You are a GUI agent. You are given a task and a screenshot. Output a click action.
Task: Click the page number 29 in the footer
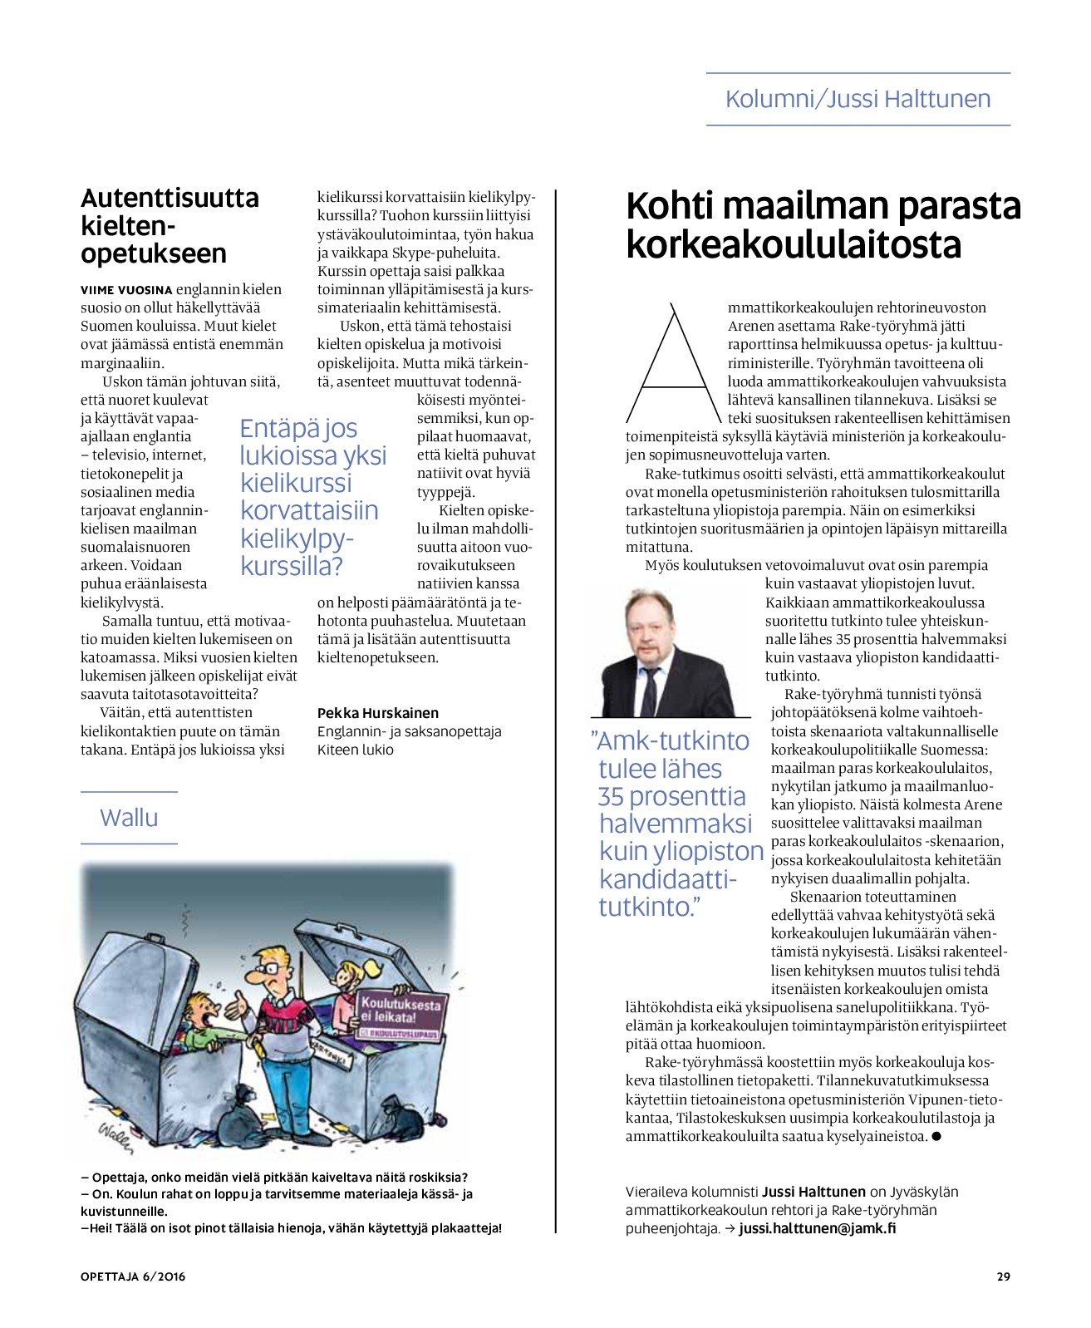[1003, 1276]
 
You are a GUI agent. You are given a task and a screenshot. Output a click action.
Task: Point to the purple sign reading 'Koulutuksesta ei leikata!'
[399, 1012]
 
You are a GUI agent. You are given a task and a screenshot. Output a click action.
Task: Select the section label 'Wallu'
[129, 818]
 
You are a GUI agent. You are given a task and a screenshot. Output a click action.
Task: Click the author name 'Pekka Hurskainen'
[377, 713]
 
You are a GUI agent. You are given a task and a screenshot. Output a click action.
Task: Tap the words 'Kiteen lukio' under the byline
[356, 750]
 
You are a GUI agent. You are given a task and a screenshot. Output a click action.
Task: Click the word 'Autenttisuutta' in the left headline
[170, 199]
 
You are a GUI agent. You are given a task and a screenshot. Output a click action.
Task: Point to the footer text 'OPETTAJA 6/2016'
[133, 1276]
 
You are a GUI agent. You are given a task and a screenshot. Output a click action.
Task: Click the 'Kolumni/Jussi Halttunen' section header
[858, 99]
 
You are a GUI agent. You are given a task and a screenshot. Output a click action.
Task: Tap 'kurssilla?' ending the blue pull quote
[292, 566]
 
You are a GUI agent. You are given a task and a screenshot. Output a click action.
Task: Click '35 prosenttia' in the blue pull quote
[671, 796]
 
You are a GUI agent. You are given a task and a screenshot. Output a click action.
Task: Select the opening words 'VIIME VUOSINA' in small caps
[126, 290]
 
